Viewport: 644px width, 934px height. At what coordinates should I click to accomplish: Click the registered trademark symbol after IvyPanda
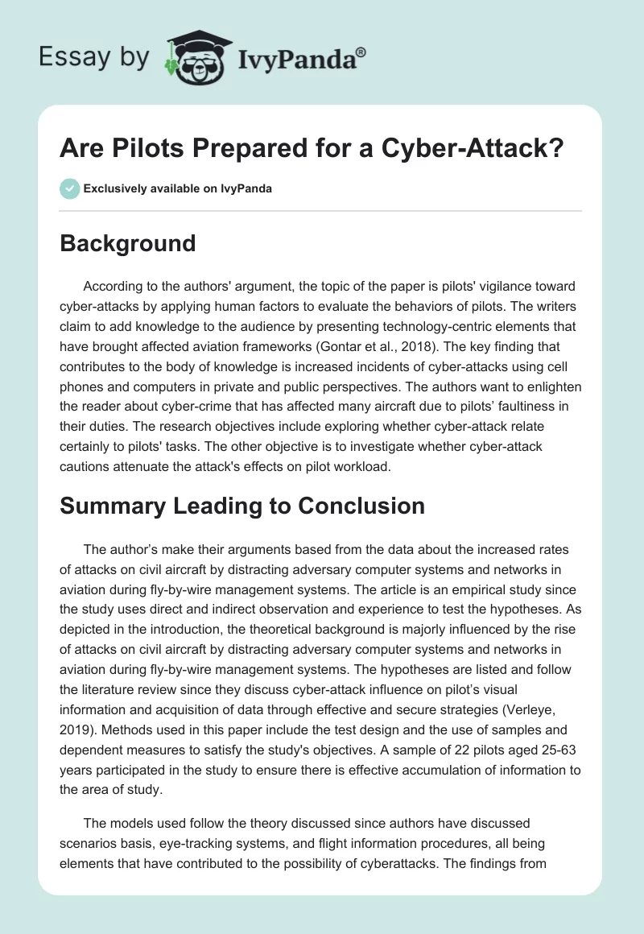[361, 52]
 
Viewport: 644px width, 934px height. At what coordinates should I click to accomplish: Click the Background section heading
[128, 242]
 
